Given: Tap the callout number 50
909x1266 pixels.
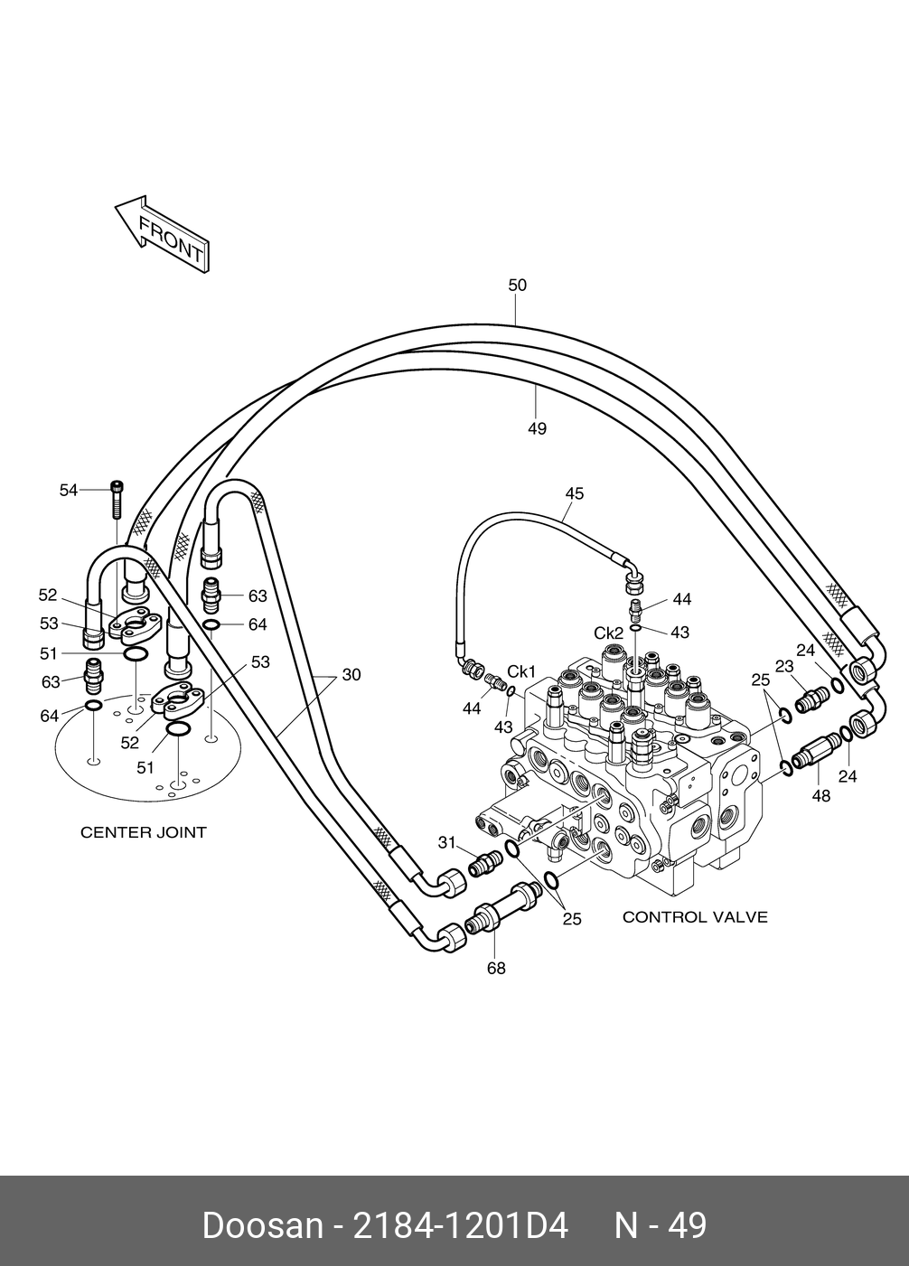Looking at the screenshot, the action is (x=517, y=285).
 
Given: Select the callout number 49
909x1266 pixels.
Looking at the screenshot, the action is (x=537, y=429).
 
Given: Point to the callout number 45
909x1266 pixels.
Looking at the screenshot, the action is (x=575, y=493).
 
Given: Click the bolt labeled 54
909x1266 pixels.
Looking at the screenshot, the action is (x=117, y=500).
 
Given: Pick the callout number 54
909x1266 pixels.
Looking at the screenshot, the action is (x=69, y=490).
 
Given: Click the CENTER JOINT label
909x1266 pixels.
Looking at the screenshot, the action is (x=144, y=832).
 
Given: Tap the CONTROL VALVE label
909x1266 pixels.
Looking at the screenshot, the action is (x=696, y=916).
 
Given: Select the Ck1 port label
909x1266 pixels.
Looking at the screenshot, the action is (x=520, y=671).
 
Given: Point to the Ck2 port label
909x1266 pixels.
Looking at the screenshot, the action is (x=608, y=633).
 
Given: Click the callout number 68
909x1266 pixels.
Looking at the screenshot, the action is (x=496, y=968).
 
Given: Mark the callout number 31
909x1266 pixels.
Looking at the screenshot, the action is (x=446, y=843).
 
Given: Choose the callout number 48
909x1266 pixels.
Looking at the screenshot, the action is (x=820, y=796).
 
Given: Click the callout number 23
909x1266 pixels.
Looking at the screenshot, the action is (x=784, y=667).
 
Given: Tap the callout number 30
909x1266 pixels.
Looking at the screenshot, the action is (x=351, y=675).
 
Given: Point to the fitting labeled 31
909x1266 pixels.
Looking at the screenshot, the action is (x=485, y=863).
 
